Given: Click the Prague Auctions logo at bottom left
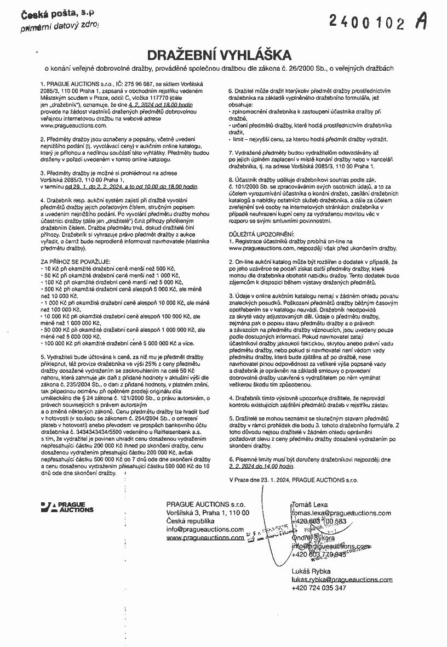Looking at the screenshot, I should [67, 507].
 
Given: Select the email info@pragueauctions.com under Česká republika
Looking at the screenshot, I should [205, 529].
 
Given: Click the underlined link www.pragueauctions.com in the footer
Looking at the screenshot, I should [205, 538].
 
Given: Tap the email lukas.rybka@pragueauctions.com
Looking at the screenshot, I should [342, 579].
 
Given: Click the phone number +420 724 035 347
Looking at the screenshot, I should [319, 588].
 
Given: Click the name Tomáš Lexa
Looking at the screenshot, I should [309, 504].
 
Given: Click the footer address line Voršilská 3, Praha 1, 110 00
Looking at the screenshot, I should [208, 512].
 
